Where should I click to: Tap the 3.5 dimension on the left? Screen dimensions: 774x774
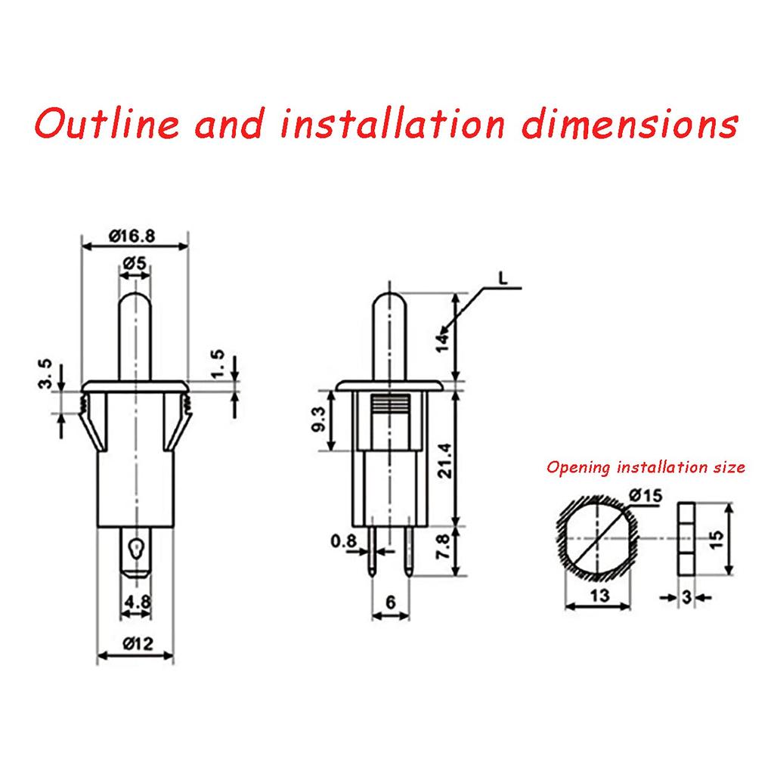click(46, 375)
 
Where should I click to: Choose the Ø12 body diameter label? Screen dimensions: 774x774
click(137, 644)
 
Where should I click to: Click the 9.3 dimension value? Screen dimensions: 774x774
click(317, 421)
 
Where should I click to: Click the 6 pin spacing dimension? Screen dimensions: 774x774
click(390, 602)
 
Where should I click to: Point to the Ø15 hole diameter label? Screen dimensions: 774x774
click(644, 495)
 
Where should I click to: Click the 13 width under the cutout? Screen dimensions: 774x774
click(599, 596)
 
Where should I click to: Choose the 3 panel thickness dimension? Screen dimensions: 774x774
click(686, 597)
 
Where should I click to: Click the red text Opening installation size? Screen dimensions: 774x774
click(646, 467)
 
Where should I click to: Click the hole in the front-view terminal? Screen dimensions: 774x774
click(135, 548)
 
